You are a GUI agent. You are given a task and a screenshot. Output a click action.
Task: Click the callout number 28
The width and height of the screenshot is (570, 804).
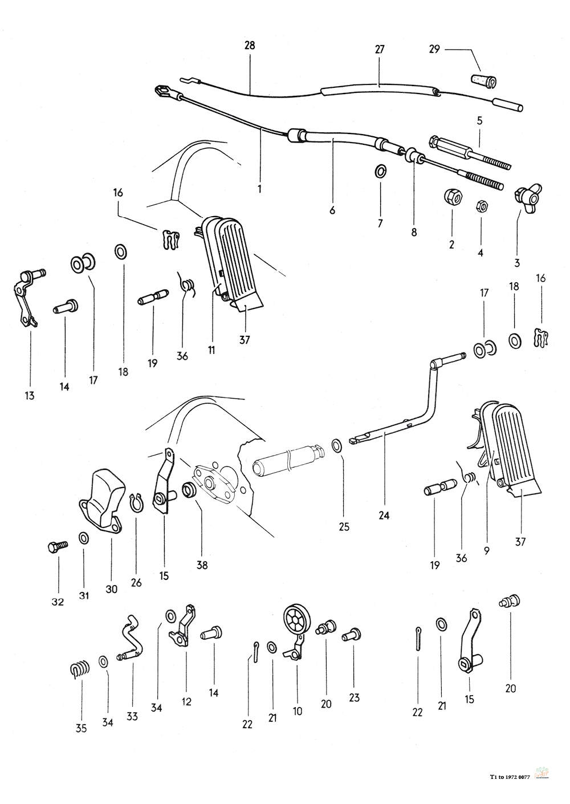click(x=250, y=46)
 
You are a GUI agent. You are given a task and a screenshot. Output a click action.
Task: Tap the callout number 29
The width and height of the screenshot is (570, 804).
click(x=434, y=49)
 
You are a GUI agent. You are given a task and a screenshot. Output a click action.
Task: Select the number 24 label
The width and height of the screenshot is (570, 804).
click(x=384, y=515)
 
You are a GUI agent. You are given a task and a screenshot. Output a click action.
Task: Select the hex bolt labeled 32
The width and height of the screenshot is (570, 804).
click(x=58, y=548)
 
